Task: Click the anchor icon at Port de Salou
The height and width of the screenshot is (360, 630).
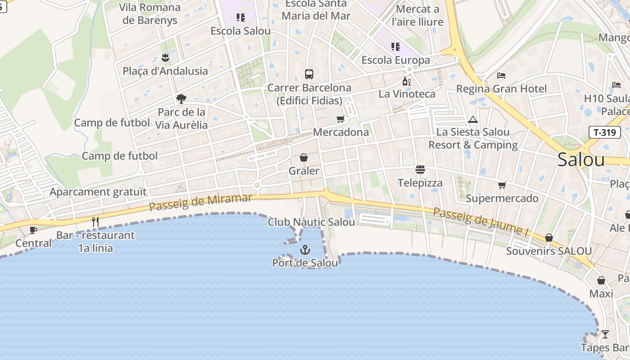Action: pyautogui.click(x=305, y=250)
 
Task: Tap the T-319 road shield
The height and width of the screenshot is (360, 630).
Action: pyautogui.click(x=604, y=132)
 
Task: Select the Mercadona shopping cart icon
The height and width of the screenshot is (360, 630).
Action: pyautogui.click(x=341, y=119)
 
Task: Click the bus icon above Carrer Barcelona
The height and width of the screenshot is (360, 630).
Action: pyautogui.click(x=309, y=74)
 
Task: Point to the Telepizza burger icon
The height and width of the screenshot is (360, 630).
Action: pyautogui.click(x=420, y=170)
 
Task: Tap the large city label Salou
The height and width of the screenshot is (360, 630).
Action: pyautogui.click(x=581, y=160)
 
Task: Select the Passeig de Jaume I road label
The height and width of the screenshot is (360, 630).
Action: pyautogui.click(x=480, y=221)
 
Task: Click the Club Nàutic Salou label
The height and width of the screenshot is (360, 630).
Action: pyautogui.click(x=311, y=222)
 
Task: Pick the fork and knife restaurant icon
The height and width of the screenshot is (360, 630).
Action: pyautogui.click(x=95, y=221)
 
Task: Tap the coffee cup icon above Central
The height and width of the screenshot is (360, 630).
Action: pyautogui.click(x=33, y=230)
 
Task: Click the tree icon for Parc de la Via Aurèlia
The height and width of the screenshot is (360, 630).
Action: pyautogui.click(x=181, y=99)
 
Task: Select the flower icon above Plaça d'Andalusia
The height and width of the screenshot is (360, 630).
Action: pyautogui.click(x=165, y=58)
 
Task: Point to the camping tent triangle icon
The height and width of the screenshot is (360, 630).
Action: pyautogui.click(x=472, y=119)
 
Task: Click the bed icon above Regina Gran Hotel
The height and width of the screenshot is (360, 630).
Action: pyautogui.click(x=501, y=76)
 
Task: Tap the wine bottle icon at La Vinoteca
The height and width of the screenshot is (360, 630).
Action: pyautogui.click(x=406, y=81)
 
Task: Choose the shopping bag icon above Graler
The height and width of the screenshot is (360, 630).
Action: pyautogui.click(x=304, y=157)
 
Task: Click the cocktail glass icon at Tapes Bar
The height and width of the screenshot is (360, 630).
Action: pyautogui.click(x=605, y=334)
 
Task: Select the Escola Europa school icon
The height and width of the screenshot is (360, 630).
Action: pyautogui.click(x=396, y=46)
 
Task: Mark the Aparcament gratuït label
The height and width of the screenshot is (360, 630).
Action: pyautogui.click(x=98, y=192)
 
